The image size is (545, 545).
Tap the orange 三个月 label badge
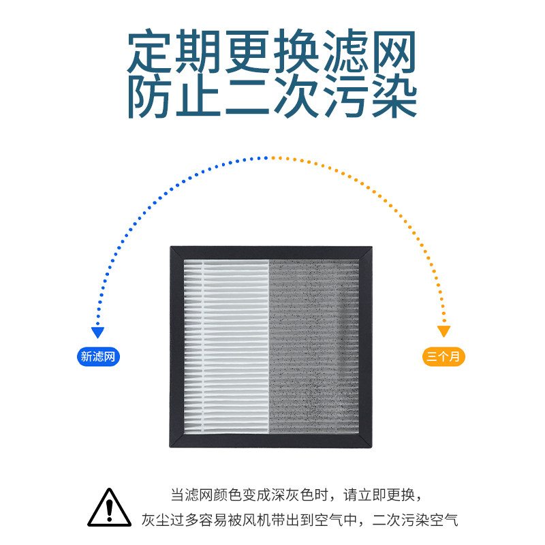coord(443,356)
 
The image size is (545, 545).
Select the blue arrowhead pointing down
coord(98,332)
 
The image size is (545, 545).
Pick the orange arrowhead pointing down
coord(444,332)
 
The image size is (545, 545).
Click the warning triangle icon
coord(109,508)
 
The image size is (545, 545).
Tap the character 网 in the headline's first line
coord(393,54)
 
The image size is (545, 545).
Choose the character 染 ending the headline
coord(393,97)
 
